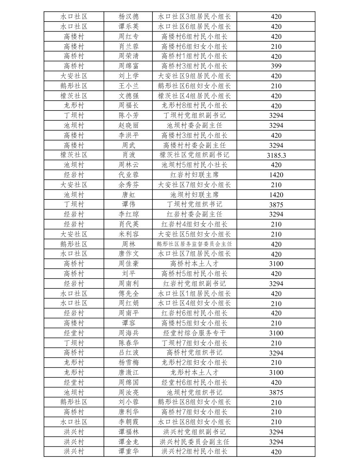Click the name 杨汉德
pos(128,17)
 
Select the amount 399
pos(276,66)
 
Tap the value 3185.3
pos(276,155)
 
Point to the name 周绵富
pos(128,66)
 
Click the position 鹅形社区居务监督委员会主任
pos(194,244)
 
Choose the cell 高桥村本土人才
pos(194,264)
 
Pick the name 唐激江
pos(128,372)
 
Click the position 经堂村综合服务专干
pos(194,333)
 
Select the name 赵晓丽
pos(128,125)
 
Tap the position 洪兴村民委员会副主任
pos(194,442)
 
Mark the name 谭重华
pos(128,452)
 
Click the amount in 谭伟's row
pos(276,205)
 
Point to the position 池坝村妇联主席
pos(194,195)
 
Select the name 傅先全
pos(128,294)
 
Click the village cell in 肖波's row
pos(74,155)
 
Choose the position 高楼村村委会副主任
pos(194,145)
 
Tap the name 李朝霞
pos(128,422)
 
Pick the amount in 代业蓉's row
pos(276,175)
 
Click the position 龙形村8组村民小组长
pos(194,106)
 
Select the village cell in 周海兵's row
pos(74,333)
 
